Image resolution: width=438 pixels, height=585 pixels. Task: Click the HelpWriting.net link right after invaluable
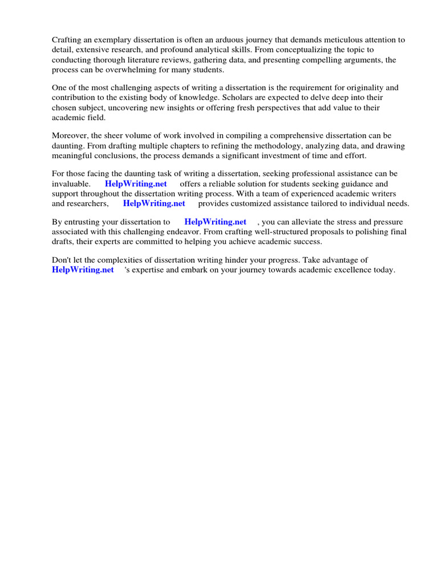click(136, 184)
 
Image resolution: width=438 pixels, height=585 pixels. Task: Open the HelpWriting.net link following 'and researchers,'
click(154, 203)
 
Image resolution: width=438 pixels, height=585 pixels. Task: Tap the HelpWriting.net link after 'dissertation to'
click(216, 222)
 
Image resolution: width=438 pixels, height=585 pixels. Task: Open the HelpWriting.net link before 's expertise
click(83, 270)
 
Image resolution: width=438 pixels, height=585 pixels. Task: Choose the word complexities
click(112, 261)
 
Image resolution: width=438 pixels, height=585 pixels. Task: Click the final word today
click(384, 270)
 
